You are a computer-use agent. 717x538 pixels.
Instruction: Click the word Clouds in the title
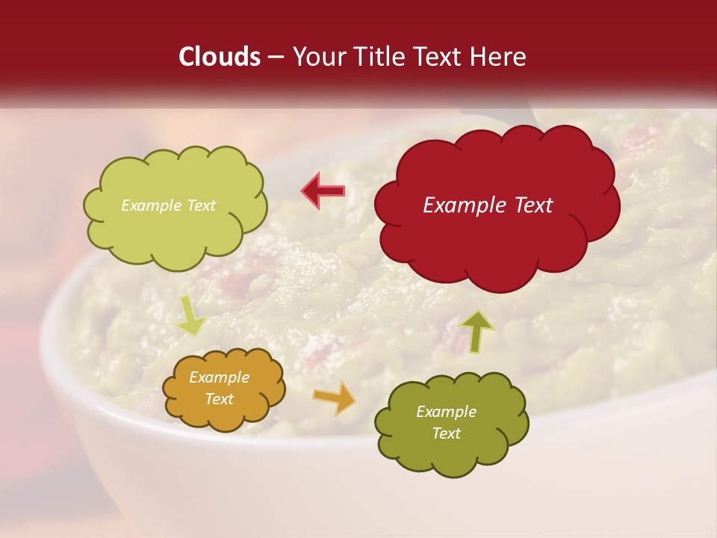coord(220,57)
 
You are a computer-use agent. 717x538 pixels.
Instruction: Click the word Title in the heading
coord(376,57)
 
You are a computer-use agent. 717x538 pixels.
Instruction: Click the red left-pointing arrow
coord(323,191)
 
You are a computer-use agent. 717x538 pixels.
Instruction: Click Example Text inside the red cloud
coord(488,205)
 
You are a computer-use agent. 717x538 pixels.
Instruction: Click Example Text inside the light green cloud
coord(168,205)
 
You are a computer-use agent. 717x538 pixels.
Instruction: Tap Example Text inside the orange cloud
coord(220,389)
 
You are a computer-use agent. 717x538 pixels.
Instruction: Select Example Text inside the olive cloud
coord(446,422)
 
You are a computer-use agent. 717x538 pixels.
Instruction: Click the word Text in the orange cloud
coord(220,399)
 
